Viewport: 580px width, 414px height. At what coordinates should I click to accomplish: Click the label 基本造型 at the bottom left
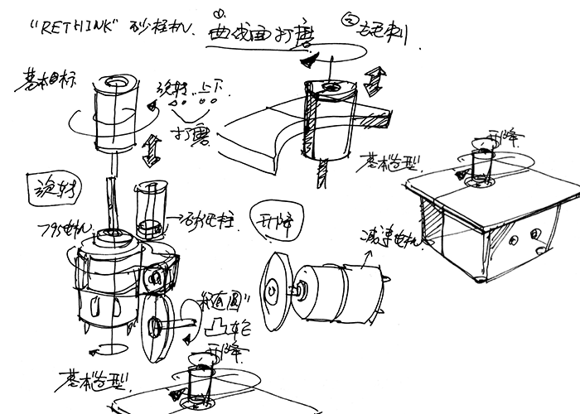pyautogui.click(x=84, y=382)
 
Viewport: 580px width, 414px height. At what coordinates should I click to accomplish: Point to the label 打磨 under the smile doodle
pyautogui.click(x=190, y=136)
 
